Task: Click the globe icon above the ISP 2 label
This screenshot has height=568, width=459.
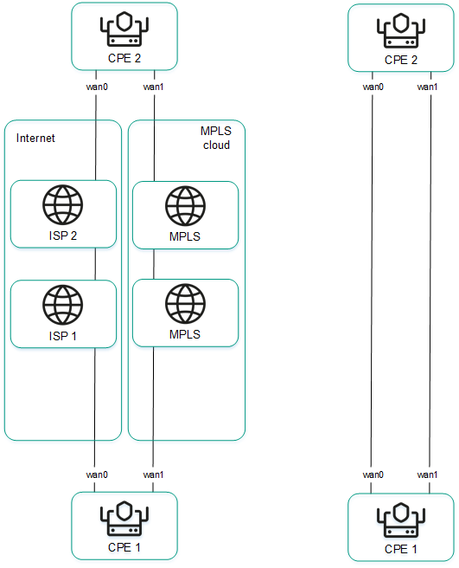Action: [63, 206]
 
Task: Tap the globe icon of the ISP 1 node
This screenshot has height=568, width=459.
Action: [63, 306]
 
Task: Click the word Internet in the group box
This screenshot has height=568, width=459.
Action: [36, 138]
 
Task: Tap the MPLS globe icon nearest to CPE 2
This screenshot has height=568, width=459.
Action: [185, 206]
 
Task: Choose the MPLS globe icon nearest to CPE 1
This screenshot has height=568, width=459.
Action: [185, 304]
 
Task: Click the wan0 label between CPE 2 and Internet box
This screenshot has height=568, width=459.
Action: [96, 87]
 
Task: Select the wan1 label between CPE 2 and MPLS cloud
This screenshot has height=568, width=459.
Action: [153, 87]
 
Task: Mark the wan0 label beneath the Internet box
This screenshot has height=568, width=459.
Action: [96, 474]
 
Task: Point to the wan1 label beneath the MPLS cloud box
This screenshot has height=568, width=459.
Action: [153, 474]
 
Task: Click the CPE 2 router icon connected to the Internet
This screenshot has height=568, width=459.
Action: [124, 30]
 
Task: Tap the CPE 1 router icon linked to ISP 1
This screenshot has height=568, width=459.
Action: [124, 520]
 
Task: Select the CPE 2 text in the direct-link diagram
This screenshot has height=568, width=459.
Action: [400, 60]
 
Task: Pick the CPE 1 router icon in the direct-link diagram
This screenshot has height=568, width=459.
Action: [400, 520]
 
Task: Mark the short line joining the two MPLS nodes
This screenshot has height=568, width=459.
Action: [153, 263]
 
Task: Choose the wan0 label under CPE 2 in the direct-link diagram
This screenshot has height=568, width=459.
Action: [373, 87]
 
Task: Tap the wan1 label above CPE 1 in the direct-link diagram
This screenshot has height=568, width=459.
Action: [427, 474]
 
